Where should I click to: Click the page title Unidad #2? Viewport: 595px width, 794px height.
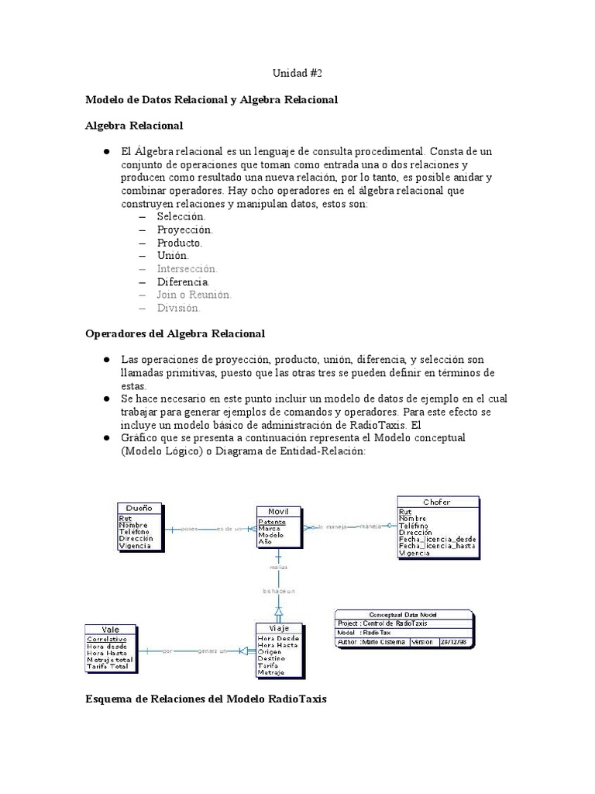pos(297,73)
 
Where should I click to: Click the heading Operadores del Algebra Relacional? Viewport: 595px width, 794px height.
pos(175,333)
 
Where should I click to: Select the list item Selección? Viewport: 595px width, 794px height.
pos(181,217)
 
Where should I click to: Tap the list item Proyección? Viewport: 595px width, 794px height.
pos(184,230)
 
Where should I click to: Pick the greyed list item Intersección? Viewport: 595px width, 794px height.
pos(187,268)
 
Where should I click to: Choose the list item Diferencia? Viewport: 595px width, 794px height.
pos(183,281)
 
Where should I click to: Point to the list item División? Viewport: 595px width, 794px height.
pos(178,308)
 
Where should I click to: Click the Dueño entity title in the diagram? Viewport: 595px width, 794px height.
pos(139,509)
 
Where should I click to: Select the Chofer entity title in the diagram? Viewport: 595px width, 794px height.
pos(437,502)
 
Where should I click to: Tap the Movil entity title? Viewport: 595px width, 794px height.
pos(278,512)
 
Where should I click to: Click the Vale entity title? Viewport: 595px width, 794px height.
pos(111,629)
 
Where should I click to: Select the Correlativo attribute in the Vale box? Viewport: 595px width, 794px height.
pos(108,639)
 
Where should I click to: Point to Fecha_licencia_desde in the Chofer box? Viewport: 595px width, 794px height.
pos(437,540)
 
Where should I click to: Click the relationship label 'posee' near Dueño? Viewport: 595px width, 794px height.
pos(188,529)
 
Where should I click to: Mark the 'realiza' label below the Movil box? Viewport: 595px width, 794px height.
pos(278,567)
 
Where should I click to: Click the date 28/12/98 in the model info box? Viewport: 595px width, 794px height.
pos(452,642)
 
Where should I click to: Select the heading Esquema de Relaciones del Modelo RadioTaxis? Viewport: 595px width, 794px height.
pos(205,699)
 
